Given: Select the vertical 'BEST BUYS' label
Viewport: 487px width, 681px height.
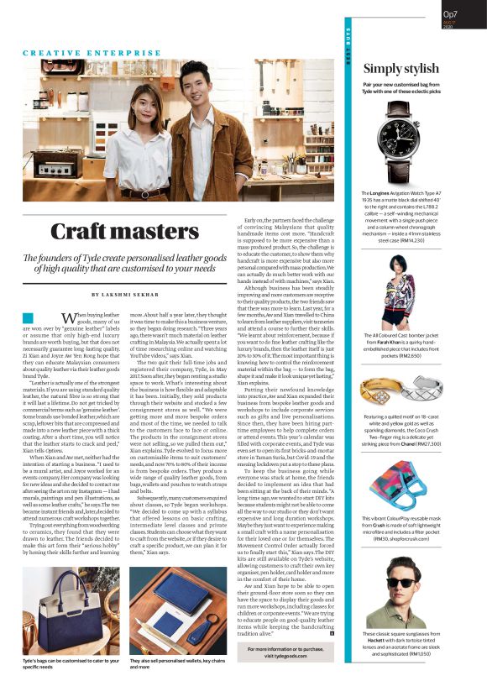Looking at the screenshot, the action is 348,50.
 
